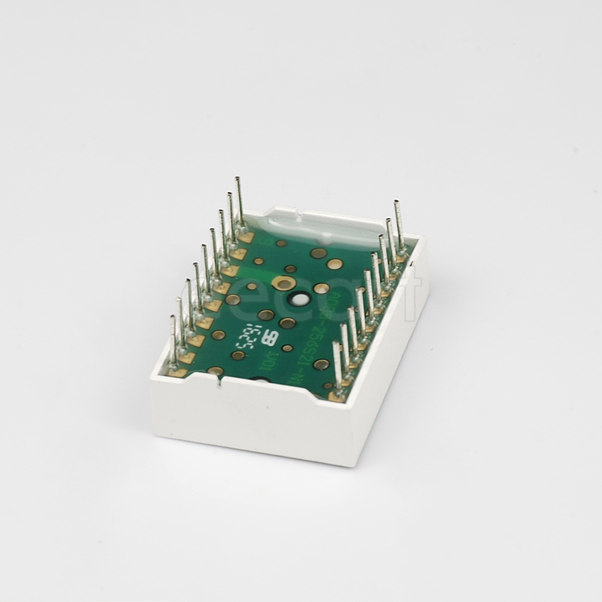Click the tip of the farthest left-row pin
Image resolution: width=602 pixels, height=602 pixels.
click(x=237, y=179)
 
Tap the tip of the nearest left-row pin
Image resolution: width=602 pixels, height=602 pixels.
click(x=173, y=318)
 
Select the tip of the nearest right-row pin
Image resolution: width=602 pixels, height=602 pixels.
click(x=336, y=343)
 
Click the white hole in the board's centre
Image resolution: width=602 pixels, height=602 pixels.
click(x=298, y=300)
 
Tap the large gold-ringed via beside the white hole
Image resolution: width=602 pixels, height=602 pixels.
click(x=284, y=285)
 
